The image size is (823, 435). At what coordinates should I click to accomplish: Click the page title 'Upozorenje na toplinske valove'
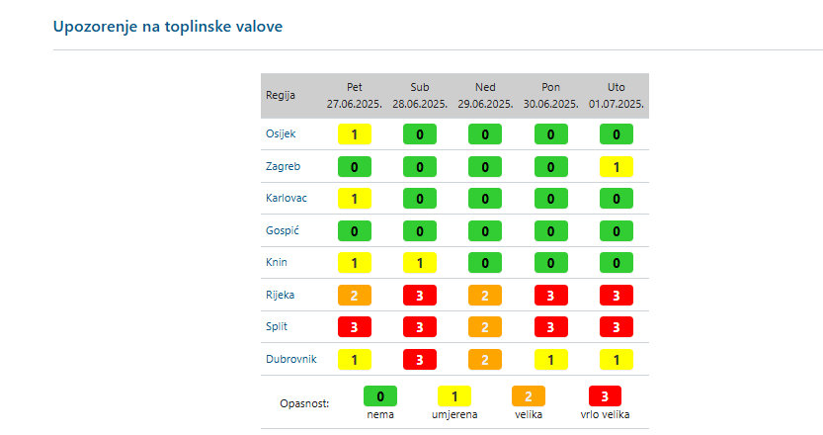click(168, 27)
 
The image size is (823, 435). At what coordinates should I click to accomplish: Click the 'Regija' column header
click(281, 96)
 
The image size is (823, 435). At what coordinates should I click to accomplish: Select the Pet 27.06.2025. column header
click(355, 96)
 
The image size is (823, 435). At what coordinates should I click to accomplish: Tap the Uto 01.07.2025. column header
click(617, 96)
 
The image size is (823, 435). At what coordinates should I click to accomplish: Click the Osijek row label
click(281, 133)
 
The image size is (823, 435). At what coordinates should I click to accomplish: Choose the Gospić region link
click(283, 230)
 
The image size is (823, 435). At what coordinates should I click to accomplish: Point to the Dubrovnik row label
click(291, 359)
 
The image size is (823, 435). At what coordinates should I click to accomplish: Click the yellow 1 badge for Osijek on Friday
click(355, 134)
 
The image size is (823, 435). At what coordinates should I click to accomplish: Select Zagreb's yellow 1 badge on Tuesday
click(617, 167)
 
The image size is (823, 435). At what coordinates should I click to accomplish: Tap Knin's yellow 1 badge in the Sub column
click(420, 263)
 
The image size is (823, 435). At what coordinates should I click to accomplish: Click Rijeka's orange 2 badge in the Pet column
click(355, 296)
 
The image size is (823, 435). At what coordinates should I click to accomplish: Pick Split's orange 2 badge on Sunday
click(485, 327)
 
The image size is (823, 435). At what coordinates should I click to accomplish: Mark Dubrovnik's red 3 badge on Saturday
click(420, 360)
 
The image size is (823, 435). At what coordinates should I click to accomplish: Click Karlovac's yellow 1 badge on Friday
click(355, 199)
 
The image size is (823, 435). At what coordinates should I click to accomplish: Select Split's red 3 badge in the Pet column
click(355, 327)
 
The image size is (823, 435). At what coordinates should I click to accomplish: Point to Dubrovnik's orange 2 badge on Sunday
click(485, 360)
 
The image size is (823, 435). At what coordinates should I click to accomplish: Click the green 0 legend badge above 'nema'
click(380, 396)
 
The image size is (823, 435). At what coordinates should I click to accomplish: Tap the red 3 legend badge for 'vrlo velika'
click(606, 396)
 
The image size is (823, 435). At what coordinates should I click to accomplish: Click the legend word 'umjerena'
click(454, 415)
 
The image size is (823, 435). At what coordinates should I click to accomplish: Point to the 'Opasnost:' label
click(305, 403)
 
